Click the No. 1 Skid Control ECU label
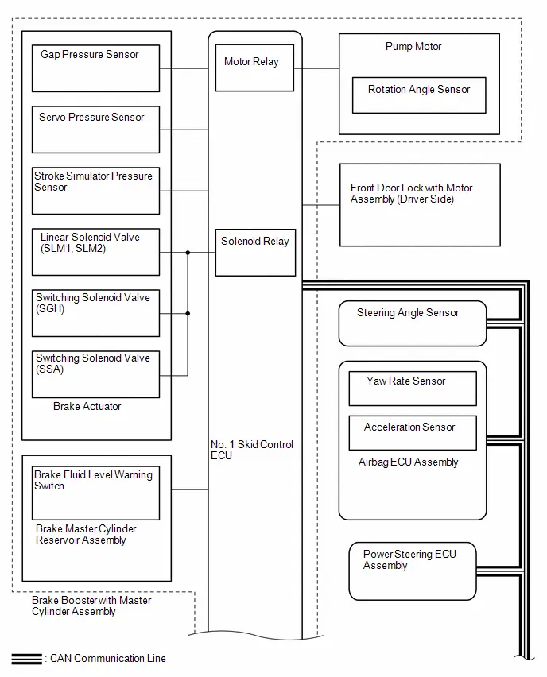[x=251, y=450]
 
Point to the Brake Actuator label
[x=87, y=406]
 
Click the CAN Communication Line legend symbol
[x=27, y=659]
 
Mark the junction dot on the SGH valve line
[x=188, y=313]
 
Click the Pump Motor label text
[x=413, y=46]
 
